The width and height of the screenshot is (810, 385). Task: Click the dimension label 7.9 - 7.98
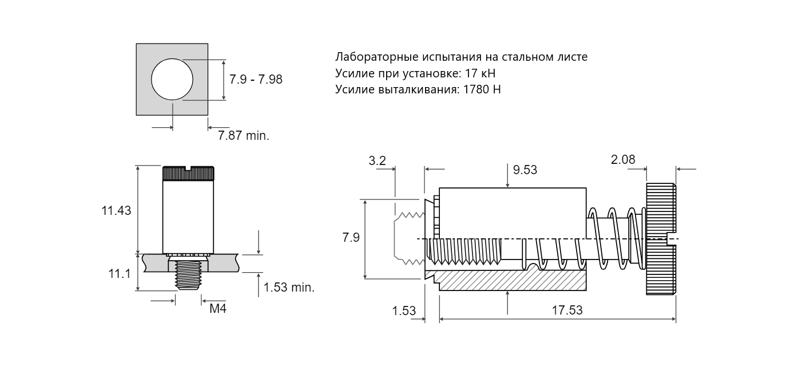tap(256, 79)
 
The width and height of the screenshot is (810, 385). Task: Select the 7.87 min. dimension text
tap(243, 135)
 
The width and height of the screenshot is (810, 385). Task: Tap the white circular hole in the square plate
tap(172, 79)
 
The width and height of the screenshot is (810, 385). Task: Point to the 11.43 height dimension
tap(116, 210)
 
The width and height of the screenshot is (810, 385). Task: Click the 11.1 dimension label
tap(120, 274)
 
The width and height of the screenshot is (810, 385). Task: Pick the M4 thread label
tap(218, 309)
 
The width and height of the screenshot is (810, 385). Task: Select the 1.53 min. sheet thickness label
tap(289, 287)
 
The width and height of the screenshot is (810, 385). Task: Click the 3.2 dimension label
tap(377, 160)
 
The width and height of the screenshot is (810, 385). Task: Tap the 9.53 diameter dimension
tap(525, 170)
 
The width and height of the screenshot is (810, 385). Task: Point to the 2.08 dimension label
tap(623, 160)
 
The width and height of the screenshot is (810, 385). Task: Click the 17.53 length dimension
tap(567, 310)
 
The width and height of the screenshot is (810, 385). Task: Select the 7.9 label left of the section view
tap(351, 238)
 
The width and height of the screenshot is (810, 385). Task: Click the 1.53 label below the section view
tap(404, 311)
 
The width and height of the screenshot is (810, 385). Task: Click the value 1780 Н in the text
tap(482, 89)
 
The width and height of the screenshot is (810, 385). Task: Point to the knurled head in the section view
tap(661, 239)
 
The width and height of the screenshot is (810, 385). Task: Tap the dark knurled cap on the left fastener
tap(188, 174)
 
